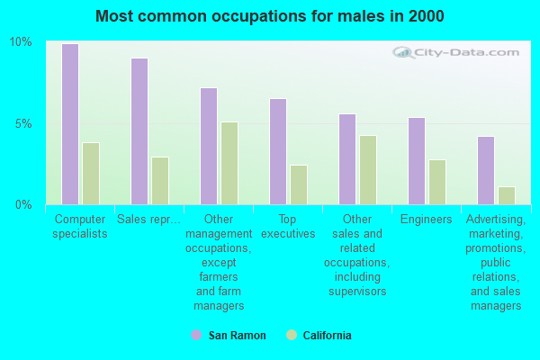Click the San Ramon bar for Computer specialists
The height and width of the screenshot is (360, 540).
point(70,124)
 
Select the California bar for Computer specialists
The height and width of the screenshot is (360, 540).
point(91,174)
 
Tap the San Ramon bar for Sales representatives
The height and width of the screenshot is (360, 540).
point(139,131)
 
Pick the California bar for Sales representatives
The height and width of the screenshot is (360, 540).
point(160,181)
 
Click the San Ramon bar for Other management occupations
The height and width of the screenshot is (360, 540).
point(209,146)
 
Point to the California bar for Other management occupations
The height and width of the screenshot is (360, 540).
point(229,163)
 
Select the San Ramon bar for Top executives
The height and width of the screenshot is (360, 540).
point(278,151)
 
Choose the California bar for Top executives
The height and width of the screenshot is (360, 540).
point(299,184)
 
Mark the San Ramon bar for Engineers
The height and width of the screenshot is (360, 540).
point(417,161)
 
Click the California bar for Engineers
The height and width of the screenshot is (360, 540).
point(437,182)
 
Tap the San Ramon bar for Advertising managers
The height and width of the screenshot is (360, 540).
point(486,170)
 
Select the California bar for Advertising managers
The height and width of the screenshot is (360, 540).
point(507,195)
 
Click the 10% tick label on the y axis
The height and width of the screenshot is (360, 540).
point(21,42)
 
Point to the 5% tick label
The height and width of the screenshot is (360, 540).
point(23,123)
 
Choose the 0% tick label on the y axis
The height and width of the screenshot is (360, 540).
point(23,204)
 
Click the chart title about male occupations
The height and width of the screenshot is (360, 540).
point(270,16)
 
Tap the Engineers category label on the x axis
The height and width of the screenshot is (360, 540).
point(427,220)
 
